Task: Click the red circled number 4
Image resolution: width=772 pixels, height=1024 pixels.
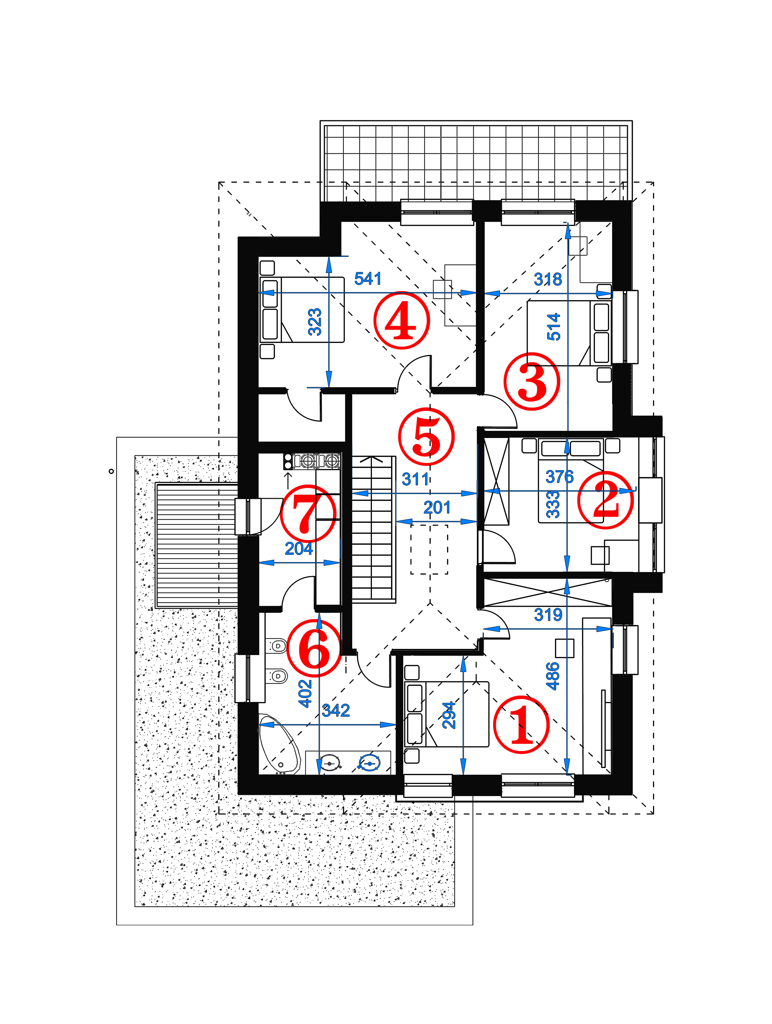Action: click(401, 320)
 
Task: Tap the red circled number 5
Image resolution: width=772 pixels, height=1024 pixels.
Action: click(426, 436)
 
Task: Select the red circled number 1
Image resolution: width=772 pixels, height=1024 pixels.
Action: click(522, 724)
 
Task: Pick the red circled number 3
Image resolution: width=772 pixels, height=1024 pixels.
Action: click(532, 381)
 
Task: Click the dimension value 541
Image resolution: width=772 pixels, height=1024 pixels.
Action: click(368, 279)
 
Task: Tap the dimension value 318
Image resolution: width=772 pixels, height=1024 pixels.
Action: click(548, 279)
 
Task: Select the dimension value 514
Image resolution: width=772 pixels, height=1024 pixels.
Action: click(554, 327)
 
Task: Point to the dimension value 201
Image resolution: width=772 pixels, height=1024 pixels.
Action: click(437, 508)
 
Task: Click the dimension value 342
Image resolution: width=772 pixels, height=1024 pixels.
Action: click(336, 710)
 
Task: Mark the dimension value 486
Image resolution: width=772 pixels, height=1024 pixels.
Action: click(553, 676)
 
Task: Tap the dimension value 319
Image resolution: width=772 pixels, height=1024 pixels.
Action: click(548, 614)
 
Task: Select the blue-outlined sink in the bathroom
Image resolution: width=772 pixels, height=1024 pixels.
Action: click(369, 763)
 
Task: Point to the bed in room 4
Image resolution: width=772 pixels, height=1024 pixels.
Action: click(302, 310)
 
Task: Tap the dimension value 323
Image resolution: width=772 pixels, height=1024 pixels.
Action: click(315, 322)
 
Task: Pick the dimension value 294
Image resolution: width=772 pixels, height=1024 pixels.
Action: click(449, 715)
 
